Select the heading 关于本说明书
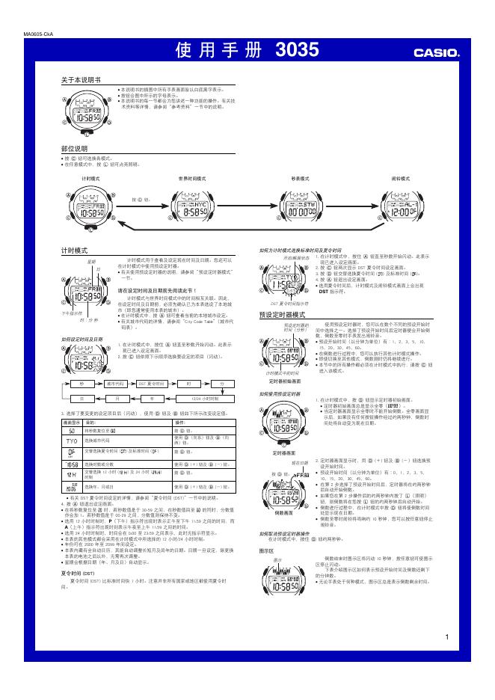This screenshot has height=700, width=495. tap(81, 79)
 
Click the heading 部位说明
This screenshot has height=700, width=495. tap(74, 149)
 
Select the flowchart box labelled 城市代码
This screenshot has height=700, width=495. tap(115, 381)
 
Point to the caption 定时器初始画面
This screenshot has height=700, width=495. tap(285, 380)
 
